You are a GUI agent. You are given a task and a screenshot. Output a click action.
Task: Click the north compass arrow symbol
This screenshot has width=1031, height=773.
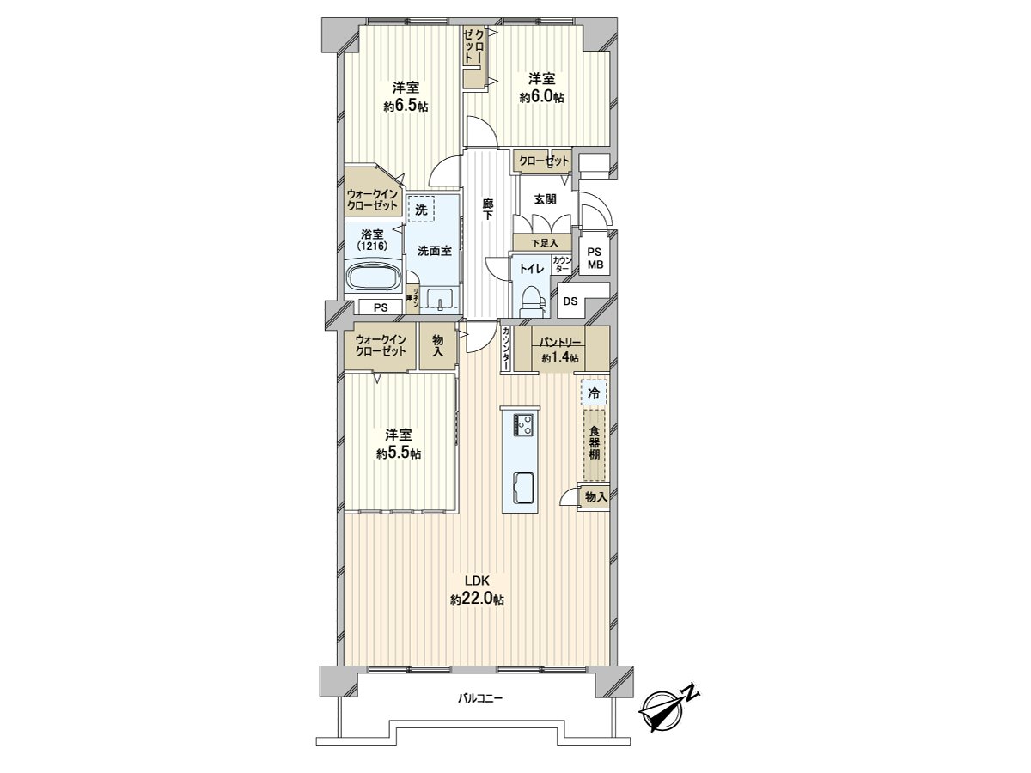click(x=668, y=709)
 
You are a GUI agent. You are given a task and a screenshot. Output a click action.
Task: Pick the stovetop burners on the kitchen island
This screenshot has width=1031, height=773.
click(x=523, y=424)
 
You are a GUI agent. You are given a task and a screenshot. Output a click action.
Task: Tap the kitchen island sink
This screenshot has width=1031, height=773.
click(x=522, y=487)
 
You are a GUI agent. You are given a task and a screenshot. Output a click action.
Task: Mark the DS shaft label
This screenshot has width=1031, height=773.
click(x=570, y=301)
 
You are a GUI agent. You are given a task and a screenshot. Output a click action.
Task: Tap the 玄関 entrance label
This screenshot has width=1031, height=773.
click(x=545, y=199)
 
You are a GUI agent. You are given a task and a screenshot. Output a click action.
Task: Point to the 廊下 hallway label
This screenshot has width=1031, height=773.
click(x=488, y=210)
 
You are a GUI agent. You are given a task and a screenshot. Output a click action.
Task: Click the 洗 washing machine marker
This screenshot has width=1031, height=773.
click(x=421, y=210)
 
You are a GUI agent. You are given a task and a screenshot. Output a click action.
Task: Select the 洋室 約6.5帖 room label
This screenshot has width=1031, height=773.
click(x=406, y=96)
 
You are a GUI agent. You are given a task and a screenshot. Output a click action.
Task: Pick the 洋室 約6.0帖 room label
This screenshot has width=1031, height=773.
click(x=541, y=88)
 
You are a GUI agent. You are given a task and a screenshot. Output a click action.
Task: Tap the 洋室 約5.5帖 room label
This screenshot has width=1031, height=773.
click(x=399, y=443)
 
